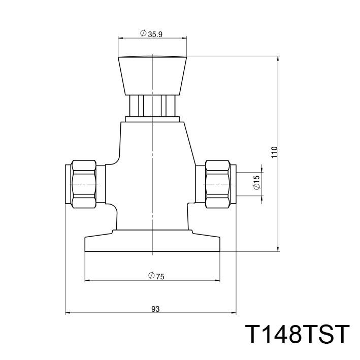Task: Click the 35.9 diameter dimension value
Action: (156, 34)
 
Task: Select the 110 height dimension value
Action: (275, 153)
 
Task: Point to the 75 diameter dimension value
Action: (160, 276)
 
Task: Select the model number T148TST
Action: (297, 335)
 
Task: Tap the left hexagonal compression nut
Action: (84, 184)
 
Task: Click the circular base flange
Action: (152, 243)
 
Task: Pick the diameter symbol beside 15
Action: (256, 187)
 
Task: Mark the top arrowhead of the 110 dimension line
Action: (278, 58)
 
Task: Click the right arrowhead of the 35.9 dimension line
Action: (184, 38)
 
